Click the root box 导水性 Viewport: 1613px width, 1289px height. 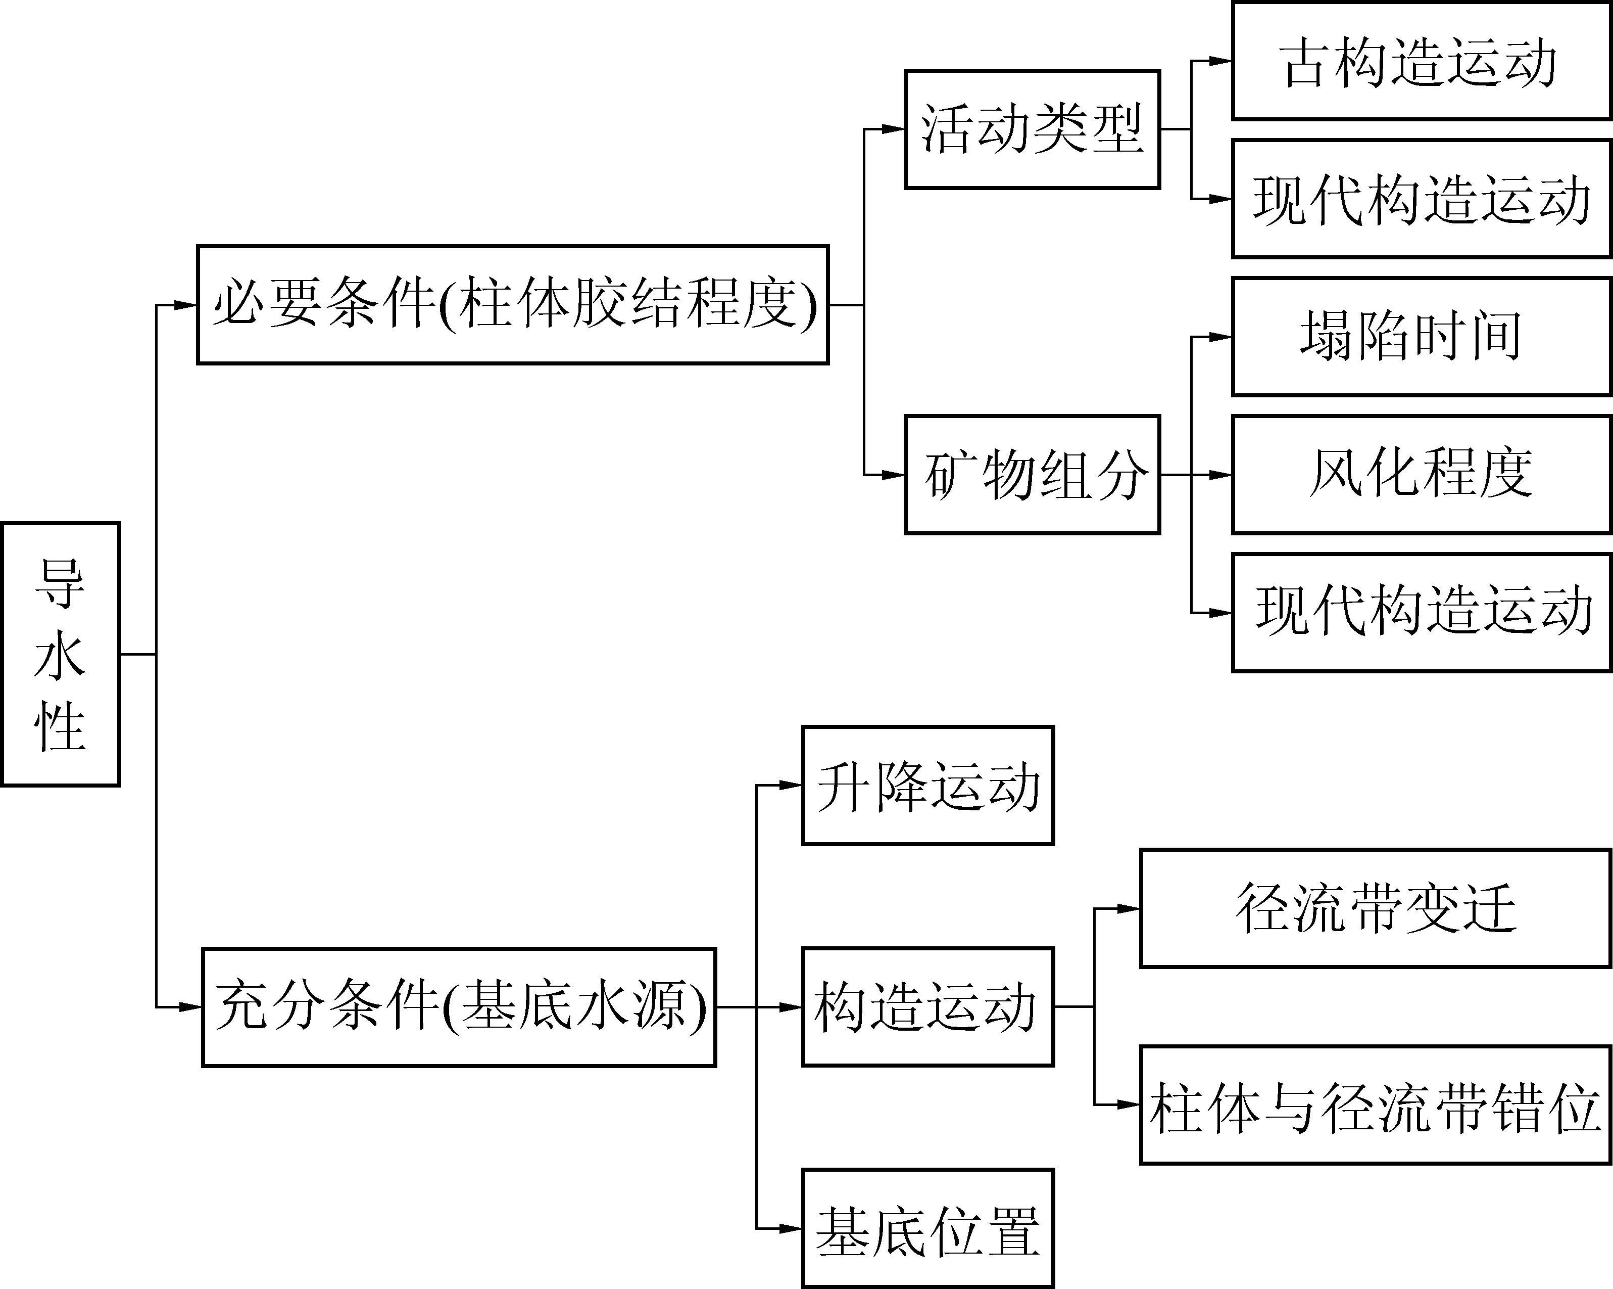[x=61, y=654]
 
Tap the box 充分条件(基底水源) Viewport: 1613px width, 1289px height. [x=459, y=1007]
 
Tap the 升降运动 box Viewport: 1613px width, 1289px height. [x=927, y=785]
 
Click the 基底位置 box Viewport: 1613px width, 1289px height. [x=927, y=1228]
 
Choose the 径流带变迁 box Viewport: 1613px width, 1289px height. [x=1375, y=908]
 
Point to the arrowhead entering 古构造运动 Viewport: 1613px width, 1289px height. [x=1221, y=61]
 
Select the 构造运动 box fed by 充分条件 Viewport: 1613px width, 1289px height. [x=927, y=1007]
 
